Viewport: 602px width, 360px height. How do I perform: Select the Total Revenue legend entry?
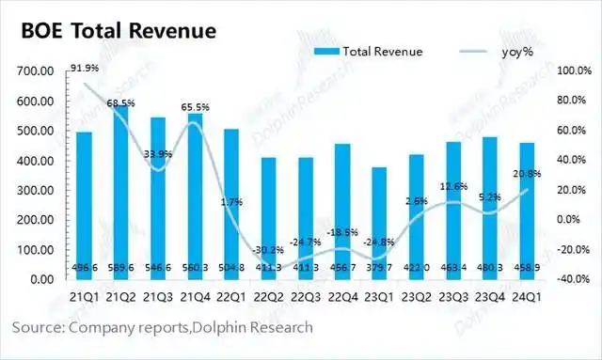point(371,51)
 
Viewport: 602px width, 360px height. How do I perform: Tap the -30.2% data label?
point(265,250)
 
